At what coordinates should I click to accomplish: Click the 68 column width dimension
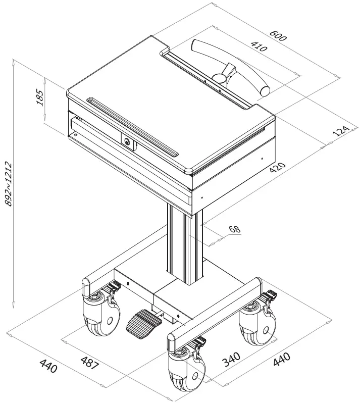pyautogui.click(x=234, y=229)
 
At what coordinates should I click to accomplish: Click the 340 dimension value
pyautogui.click(x=231, y=359)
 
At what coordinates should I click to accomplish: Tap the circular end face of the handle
pyautogui.click(x=265, y=91)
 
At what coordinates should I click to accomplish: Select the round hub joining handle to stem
pyautogui.click(x=219, y=78)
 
